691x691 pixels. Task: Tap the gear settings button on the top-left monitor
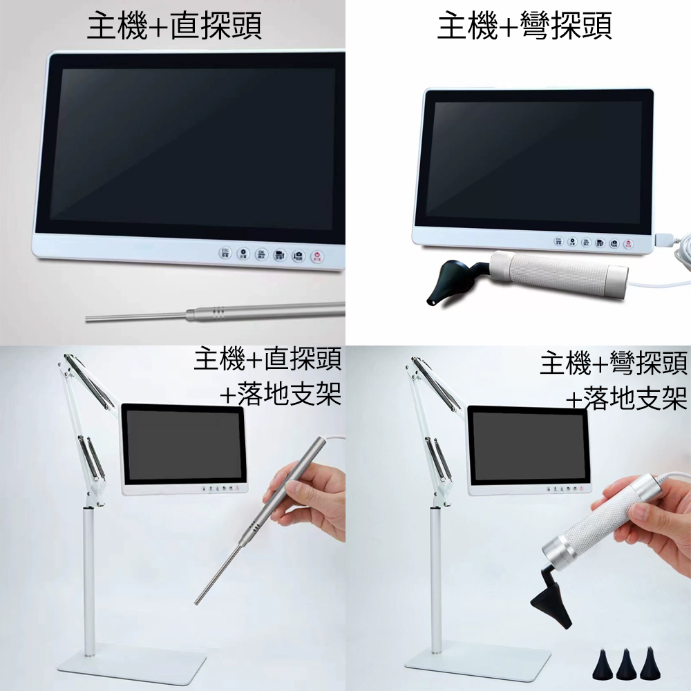click(x=243, y=254)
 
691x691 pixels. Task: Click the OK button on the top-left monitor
click(x=261, y=254)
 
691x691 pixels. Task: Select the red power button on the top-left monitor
click(x=317, y=256)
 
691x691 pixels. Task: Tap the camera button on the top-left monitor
click(x=299, y=255)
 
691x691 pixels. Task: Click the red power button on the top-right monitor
click(x=629, y=243)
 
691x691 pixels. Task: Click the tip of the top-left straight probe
click(x=87, y=318)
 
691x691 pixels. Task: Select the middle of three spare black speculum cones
click(x=627, y=663)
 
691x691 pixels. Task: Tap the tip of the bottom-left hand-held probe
click(x=197, y=602)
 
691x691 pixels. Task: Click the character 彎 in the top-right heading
click(x=534, y=26)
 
